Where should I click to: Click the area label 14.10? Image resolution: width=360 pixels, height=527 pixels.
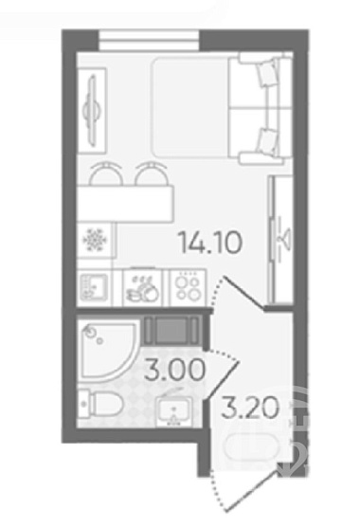[x=210, y=243]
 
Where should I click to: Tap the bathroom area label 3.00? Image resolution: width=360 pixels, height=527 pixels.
[x=174, y=370]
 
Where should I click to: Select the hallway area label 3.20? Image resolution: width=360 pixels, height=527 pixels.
[x=250, y=408]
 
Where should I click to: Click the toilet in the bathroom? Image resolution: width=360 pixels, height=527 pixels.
[x=100, y=405]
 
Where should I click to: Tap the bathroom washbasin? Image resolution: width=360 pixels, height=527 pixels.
[x=174, y=411]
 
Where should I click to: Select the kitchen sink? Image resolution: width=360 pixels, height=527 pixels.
[x=94, y=287]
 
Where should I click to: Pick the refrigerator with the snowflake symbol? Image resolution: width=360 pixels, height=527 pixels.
[x=96, y=240]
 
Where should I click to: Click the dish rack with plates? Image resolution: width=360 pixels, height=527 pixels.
[x=143, y=288]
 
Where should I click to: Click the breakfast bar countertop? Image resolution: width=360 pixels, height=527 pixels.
[x=125, y=204]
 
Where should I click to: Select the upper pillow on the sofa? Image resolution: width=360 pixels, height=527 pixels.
[x=268, y=74]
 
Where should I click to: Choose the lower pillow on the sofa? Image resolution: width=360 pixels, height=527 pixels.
[x=268, y=140]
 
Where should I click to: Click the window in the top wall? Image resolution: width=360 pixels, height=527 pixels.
[x=150, y=41]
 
